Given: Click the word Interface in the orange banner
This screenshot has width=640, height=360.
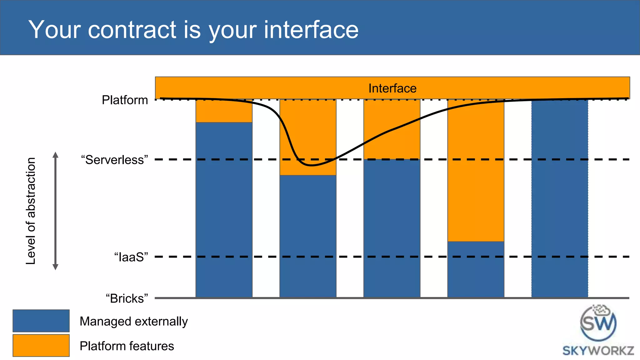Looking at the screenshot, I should (x=392, y=88).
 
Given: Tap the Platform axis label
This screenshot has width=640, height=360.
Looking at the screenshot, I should (x=125, y=100).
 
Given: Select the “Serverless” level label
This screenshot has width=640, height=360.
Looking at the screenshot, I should (x=114, y=160).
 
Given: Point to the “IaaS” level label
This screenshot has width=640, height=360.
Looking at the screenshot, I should (x=131, y=257).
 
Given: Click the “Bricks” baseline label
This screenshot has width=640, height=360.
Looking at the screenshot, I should (x=127, y=298).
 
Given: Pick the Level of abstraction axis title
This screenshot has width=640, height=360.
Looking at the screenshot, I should (x=31, y=211).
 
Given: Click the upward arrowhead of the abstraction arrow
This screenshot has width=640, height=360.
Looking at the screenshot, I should (x=55, y=155).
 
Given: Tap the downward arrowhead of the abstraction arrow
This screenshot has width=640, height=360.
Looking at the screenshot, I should (x=55, y=267).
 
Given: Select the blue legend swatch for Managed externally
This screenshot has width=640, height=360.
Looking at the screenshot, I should (x=41, y=321).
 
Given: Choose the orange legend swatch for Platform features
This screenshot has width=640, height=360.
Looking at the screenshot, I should (x=41, y=345).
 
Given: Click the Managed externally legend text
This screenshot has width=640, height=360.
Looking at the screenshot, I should (x=133, y=321).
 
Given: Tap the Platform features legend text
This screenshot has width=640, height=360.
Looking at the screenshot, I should (x=127, y=346).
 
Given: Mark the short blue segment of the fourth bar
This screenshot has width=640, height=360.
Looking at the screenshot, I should (x=476, y=269).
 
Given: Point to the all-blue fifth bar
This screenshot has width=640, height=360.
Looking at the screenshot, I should (x=559, y=198).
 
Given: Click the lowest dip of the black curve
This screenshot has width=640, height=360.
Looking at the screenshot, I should (x=312, y=165).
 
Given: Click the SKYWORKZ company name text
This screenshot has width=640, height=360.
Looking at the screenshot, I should (x=598, y=351).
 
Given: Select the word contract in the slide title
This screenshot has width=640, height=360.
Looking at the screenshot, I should (x=132, y=30).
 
